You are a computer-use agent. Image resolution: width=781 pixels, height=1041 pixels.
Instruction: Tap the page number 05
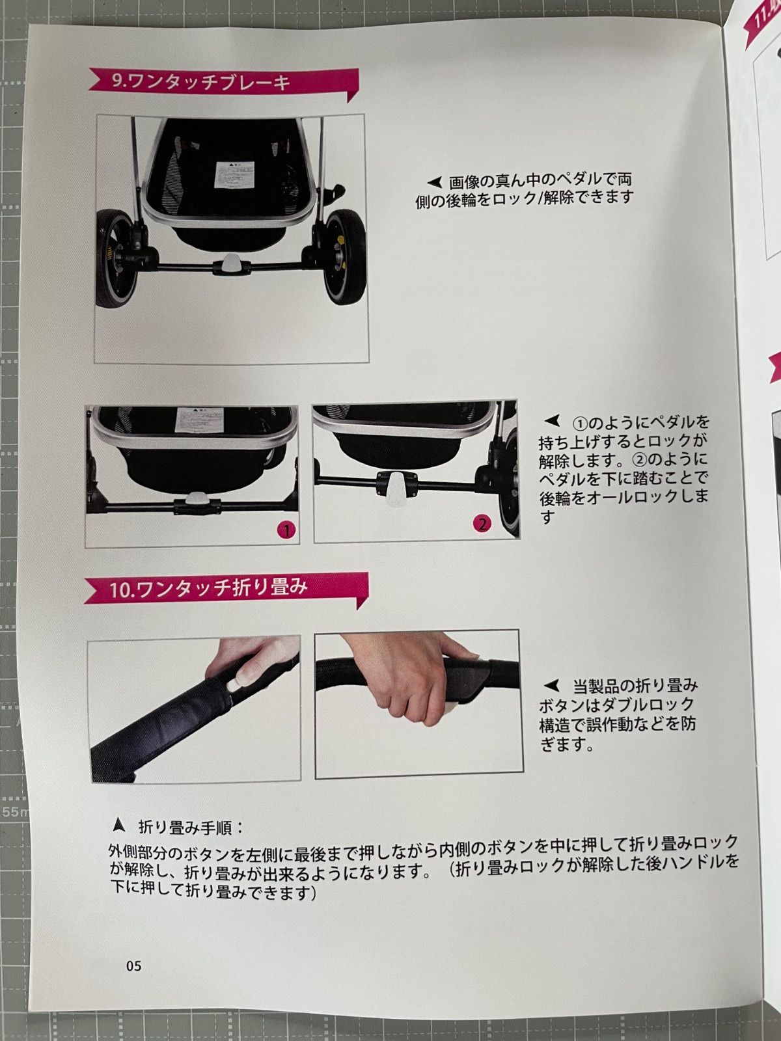(133, 966)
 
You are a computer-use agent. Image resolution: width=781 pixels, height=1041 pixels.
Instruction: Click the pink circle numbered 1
(286, 529)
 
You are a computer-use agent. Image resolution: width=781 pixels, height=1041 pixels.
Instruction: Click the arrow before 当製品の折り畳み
(551, 686)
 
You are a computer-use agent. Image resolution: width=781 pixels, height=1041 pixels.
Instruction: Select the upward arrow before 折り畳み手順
(118, 826)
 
